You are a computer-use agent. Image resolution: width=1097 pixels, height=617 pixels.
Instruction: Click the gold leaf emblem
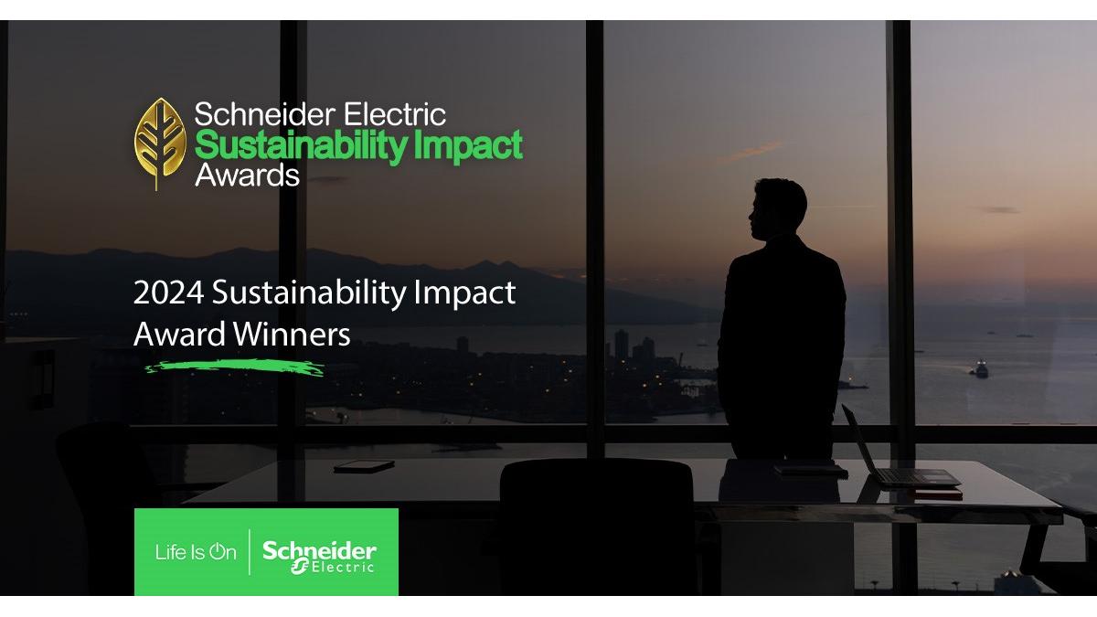tap(160, 142)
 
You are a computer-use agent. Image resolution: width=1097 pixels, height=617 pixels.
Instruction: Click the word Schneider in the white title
tap(264, 114)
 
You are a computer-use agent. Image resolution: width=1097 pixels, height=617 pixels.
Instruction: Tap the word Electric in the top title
tap(395, 114)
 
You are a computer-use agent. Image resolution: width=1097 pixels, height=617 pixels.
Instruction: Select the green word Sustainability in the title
tap(301, 146)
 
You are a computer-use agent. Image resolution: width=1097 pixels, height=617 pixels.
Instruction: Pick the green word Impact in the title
tap(469, 146)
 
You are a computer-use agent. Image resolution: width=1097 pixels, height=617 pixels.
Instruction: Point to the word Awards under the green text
tap(247, 175)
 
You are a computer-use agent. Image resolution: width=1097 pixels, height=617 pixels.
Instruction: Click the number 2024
tap(168, 293)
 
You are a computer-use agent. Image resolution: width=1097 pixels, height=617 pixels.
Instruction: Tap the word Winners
tap(292, 335)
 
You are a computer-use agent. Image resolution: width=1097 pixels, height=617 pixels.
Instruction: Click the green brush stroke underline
tap(235, 367)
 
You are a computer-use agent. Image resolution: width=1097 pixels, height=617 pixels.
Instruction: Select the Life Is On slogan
tap(196, 552)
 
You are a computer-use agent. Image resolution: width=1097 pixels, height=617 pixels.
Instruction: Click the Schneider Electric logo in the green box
tap(319, 557)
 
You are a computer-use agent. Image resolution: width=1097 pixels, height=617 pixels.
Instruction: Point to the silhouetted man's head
tap(779, 209)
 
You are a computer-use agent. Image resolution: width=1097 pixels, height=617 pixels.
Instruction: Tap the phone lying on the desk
tap(364, 465)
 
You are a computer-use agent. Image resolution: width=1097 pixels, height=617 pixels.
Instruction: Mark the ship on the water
tap(979, 369)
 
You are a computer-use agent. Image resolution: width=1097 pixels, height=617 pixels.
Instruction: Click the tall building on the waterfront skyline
tap(621, 346)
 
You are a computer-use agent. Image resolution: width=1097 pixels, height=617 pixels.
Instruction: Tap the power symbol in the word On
tap(217, 551)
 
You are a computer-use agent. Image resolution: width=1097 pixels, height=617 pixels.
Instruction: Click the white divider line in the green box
tap(250, 552)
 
